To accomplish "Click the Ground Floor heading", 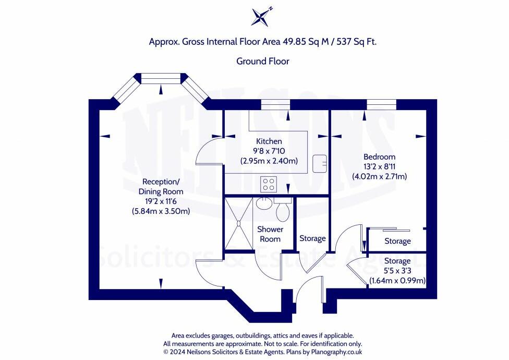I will coord(263,61).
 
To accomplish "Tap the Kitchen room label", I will coord(269,141).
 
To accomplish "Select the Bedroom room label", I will coord(379,157).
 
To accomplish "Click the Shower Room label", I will coord(270,234).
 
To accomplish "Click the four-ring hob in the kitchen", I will coord(269,184).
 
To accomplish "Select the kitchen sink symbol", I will coord(319,163).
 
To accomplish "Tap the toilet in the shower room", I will coord(283,211).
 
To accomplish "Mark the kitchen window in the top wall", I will coord(275,106).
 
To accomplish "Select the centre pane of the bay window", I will coord(161,79).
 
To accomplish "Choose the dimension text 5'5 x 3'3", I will coord(397,271).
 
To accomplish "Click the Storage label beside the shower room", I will coord(312,238).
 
